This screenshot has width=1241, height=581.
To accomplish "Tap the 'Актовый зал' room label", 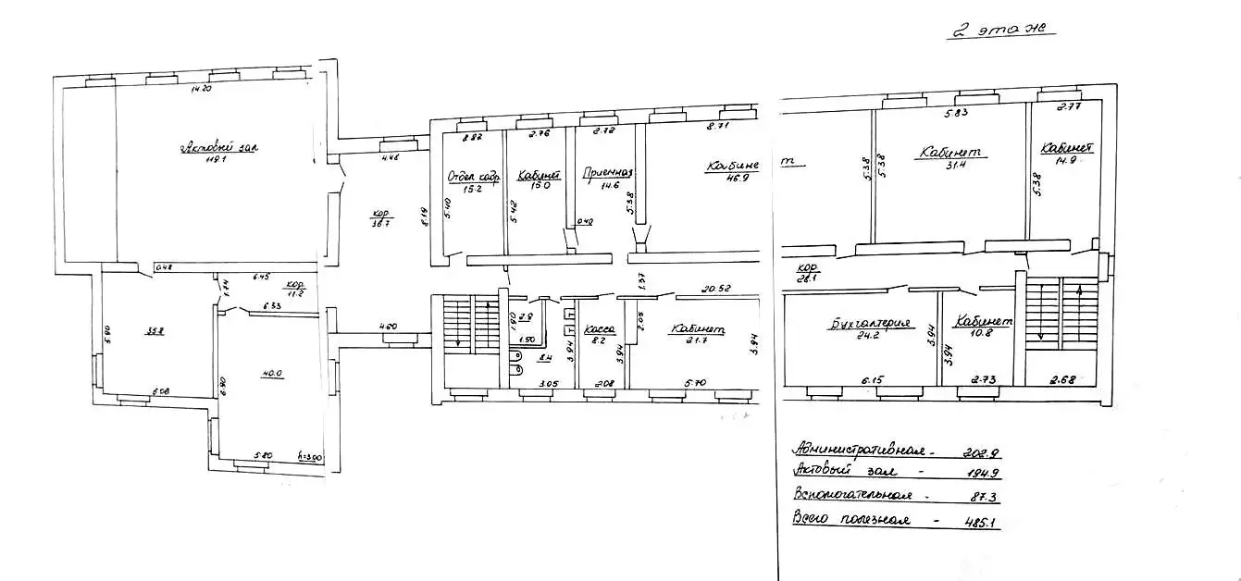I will point(217,147).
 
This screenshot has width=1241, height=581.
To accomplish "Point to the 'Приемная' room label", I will point(607,172).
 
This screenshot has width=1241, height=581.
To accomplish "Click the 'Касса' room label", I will point(596,329).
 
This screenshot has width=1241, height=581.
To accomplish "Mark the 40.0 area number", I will point(272,374).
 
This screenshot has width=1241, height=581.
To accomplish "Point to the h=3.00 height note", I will point(308,456).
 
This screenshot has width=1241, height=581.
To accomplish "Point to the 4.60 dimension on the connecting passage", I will point(388,326).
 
